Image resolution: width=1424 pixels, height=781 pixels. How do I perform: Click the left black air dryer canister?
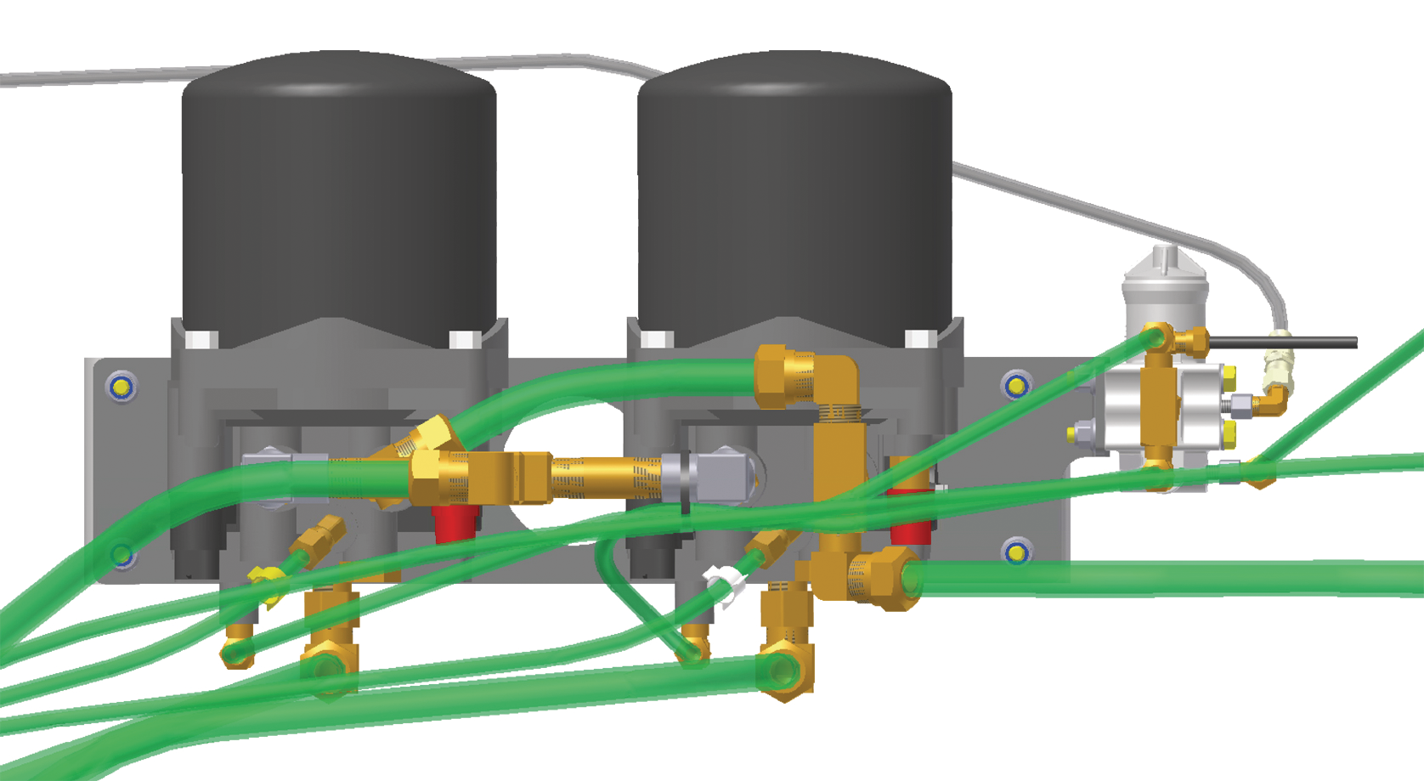(x=338, y=195)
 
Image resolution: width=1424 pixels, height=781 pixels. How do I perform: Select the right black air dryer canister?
(x=794, y=195)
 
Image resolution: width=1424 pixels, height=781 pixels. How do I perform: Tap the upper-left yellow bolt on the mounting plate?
(x=121, y=388)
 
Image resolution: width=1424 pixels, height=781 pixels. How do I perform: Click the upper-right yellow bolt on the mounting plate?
(x=1016, y=387)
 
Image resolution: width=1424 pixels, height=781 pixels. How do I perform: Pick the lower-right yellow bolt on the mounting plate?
(x=1016, y=553)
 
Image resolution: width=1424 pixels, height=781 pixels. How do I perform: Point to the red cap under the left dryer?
(x=455, y=523)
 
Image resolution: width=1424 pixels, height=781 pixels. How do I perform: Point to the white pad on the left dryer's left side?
(x=201, y=339)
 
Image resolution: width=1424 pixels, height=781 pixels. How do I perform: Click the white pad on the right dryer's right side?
(x=919, y=339)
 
